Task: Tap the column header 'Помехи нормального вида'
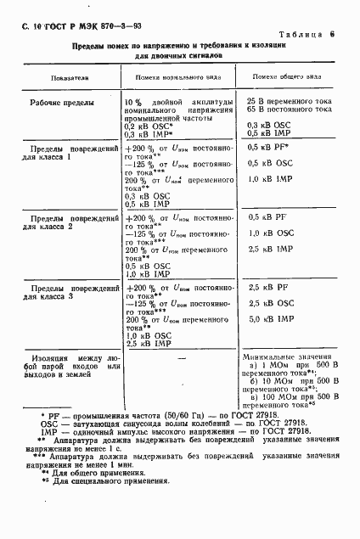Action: [x=173, y=76]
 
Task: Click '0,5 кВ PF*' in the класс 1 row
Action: [x=268, y=147]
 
